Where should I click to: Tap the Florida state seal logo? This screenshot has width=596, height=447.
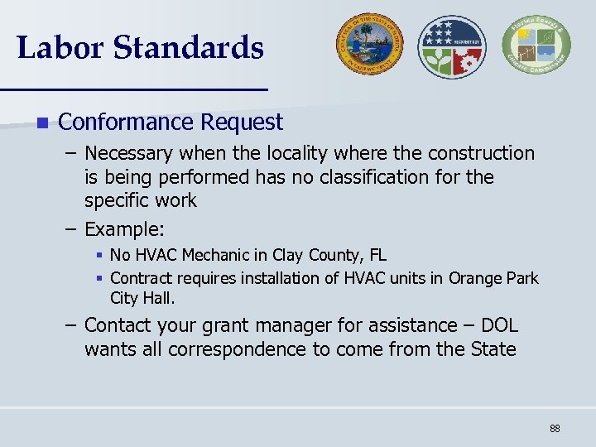[368, 46]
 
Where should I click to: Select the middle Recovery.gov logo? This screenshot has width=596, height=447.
[452, 46]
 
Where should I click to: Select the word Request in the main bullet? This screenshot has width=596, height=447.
[246, 123]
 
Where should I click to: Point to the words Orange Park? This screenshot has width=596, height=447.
[493, 278]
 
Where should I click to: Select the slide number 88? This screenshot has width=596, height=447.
[555, 428]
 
